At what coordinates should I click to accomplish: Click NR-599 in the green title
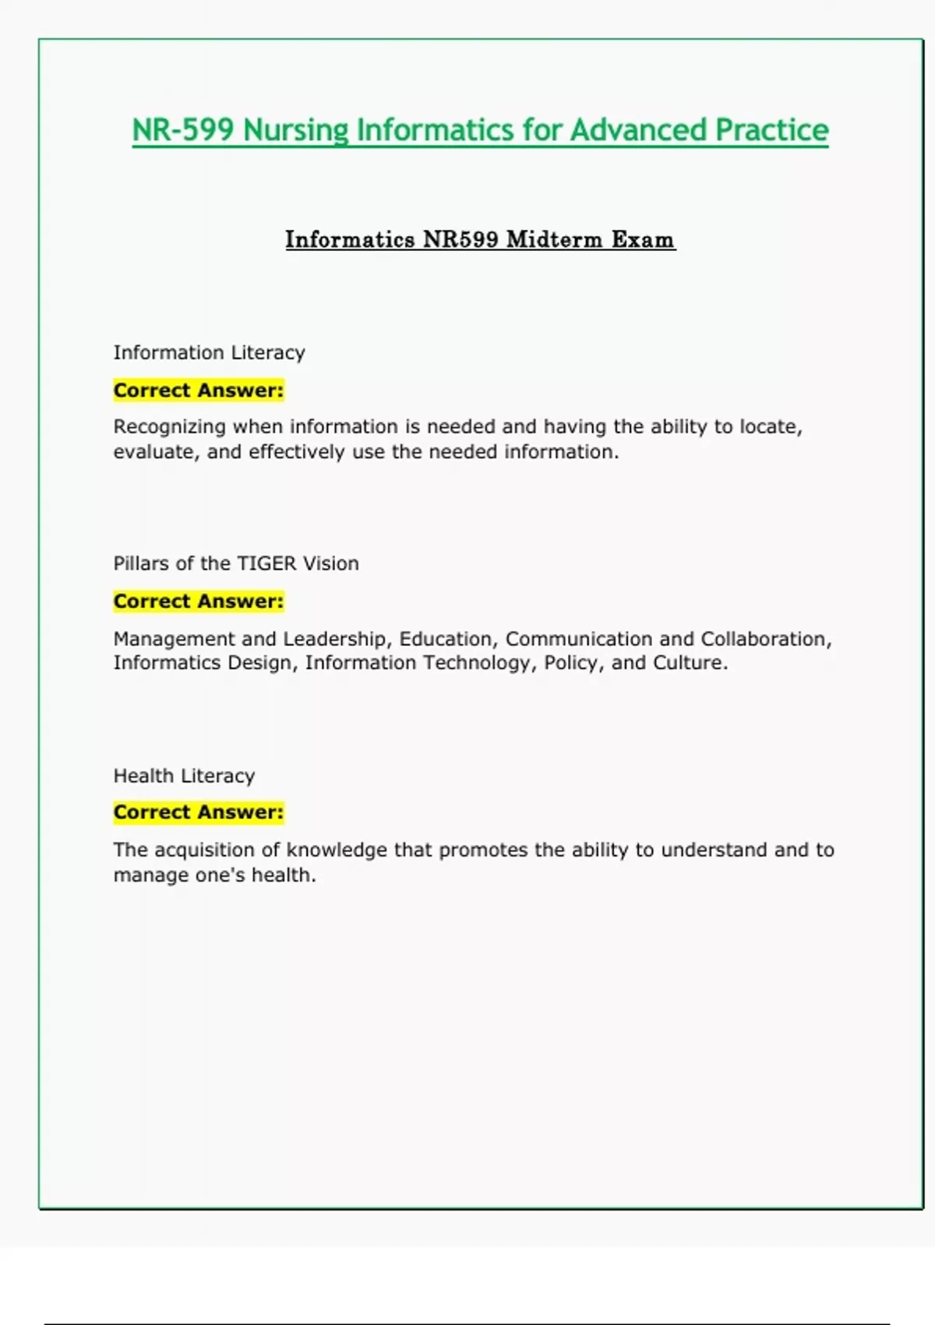[182, 130]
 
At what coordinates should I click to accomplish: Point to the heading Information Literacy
[209, 352]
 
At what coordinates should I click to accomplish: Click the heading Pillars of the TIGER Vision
[236, 564]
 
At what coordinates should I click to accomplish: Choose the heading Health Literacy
[184, 776]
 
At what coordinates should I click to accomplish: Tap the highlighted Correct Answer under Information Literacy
[198, 390]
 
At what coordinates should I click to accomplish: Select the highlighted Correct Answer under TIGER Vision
[198, 601]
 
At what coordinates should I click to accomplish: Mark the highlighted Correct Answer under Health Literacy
[198, 812]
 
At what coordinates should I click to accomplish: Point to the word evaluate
[152, 452]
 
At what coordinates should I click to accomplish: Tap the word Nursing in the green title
[295, 130]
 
